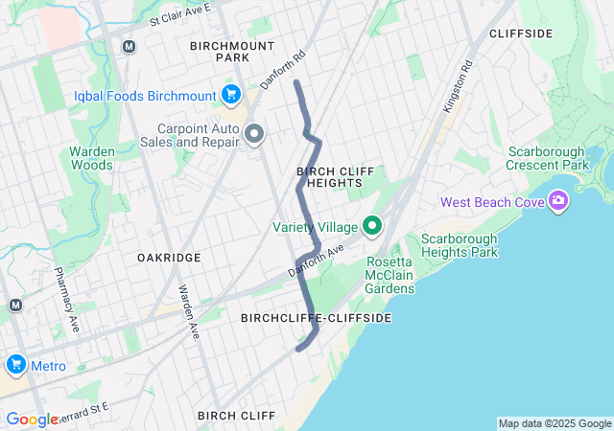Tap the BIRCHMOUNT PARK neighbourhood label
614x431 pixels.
232,52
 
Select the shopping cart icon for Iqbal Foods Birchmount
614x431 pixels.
230,94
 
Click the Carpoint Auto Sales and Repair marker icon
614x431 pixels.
254,134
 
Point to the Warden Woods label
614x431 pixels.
92,158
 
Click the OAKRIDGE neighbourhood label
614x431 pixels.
169,258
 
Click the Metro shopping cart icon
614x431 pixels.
15,366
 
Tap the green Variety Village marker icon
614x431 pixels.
372,227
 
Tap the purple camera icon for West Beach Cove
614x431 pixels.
557,201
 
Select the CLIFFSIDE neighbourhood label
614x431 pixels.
521,34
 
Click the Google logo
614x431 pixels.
32,420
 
